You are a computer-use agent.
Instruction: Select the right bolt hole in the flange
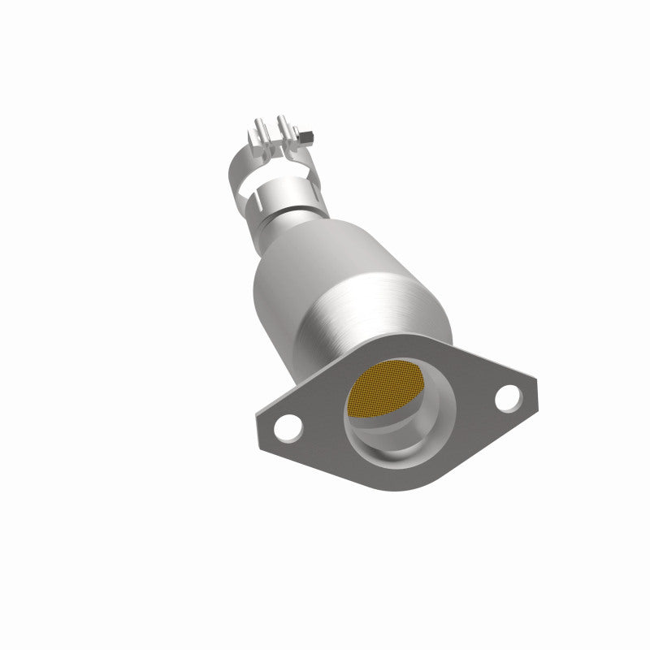click(506, 396)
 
